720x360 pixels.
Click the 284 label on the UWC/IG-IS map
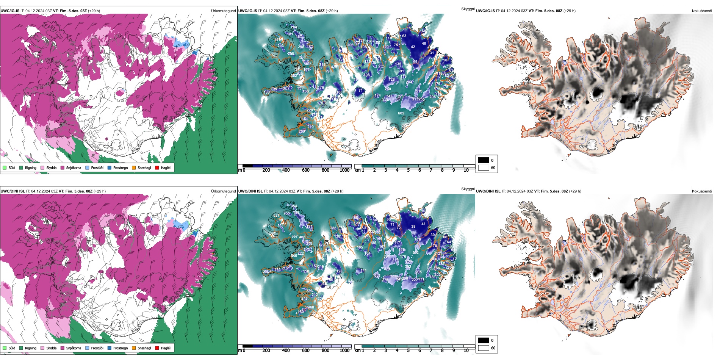click(294, 27)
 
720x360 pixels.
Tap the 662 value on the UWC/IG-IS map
click(401, 113)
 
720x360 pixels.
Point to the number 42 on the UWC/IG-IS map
click(413, 47)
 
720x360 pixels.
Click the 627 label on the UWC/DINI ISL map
click(276, 216)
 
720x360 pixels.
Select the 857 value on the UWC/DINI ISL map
click(294, 236)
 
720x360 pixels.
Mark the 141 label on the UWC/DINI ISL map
click(363, 271)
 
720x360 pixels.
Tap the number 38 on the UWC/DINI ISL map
click(413, 227)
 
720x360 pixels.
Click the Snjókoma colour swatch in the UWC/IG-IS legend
click(63, 167)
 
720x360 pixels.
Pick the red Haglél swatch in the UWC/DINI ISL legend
click(157, 348)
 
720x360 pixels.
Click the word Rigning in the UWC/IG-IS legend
click(31, 167)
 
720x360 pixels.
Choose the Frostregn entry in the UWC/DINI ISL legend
click(121, 348)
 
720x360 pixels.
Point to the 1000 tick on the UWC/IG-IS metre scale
click(344, 170)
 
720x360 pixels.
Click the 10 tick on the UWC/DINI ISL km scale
click(466, 351)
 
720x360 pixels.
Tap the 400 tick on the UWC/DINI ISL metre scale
click(286, 351)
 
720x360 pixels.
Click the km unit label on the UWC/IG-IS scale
click(357, 170)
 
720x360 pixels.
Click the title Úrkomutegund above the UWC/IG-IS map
click(223, 11)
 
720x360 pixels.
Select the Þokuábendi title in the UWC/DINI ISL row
click(702, 191)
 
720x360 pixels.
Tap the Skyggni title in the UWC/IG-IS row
click(468, 9)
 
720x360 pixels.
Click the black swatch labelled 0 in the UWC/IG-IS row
click(484, 160)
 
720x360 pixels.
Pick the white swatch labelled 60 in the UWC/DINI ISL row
click(484, 348)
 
